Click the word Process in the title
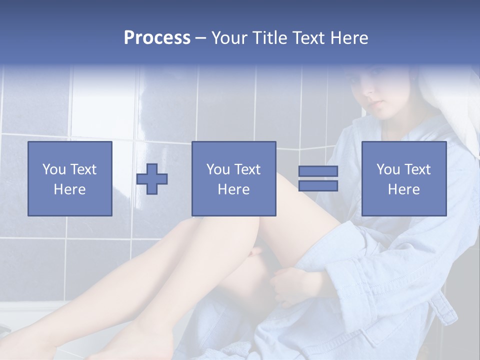(x=157, y=38)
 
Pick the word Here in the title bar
(x=350, y=38)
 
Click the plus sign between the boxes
(x=152, y=179)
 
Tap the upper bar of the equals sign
(x=318, y=171)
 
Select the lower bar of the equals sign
(x=318, y=186)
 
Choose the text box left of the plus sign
(x=70, y=178)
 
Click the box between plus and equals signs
(x=233, y=178)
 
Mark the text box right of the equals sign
(x=403, y=178)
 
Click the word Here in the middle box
(x=233, y=189)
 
